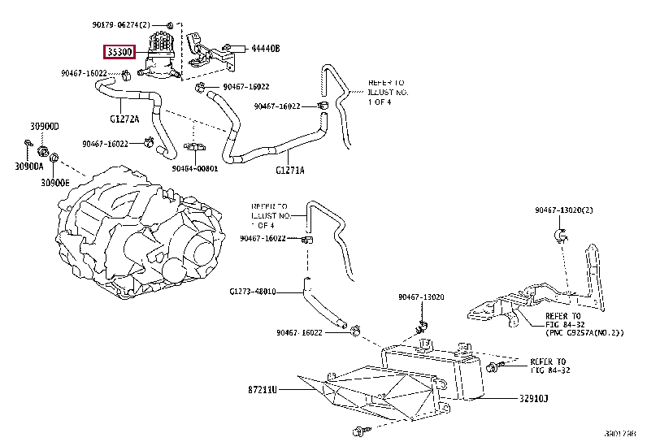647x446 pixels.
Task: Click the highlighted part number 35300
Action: tap(125, 52)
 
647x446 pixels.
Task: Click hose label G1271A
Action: tap(289, 170)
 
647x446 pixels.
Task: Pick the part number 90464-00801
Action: tap(195, 168)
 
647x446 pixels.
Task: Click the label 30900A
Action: tap(28, 167)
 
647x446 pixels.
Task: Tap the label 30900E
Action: tap(57, 182)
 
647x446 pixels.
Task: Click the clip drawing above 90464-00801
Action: tap(194, 148)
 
